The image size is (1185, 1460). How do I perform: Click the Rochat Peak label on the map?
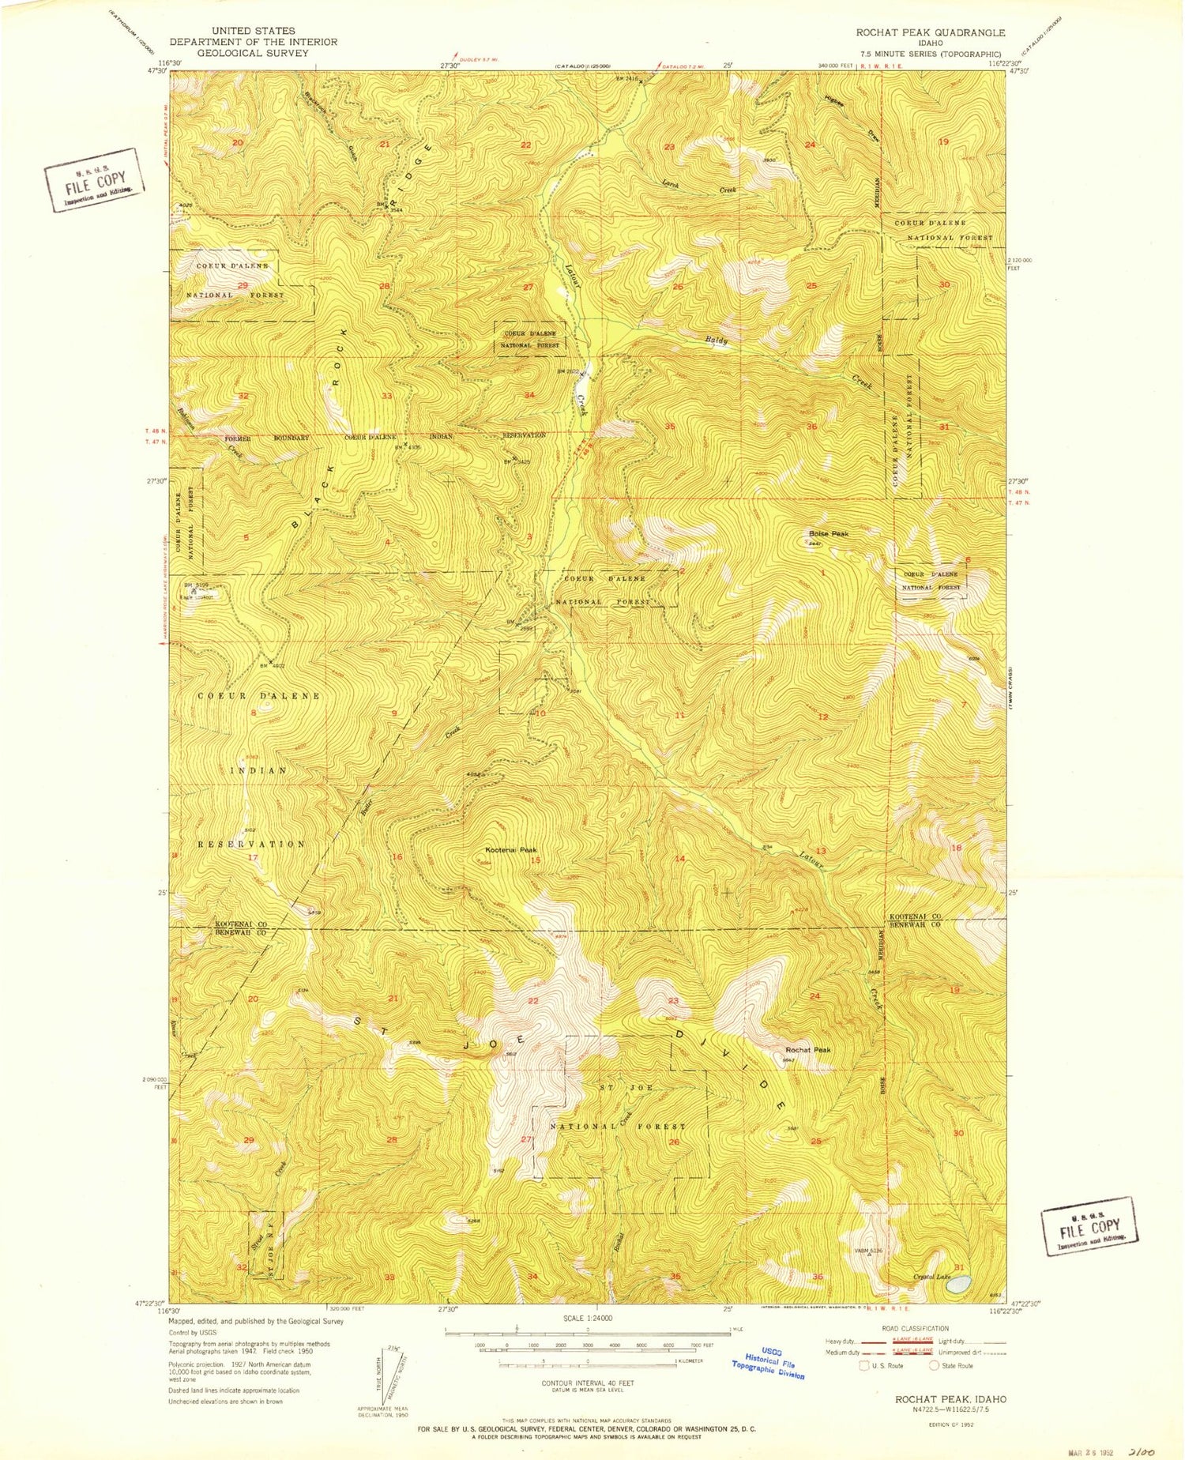coord(808,1050)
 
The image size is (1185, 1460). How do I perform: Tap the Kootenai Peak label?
coord(510,850)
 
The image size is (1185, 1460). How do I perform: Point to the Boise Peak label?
coord(828,534)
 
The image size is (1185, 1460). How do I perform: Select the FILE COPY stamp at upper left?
coord(94,180)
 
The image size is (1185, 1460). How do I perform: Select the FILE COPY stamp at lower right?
coord(1090,1226)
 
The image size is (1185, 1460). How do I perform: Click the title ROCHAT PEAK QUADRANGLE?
coord(931,32)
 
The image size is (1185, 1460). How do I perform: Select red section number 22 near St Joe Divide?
coord(533,1001)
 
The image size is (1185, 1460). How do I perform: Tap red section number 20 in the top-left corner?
coord(237,142)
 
